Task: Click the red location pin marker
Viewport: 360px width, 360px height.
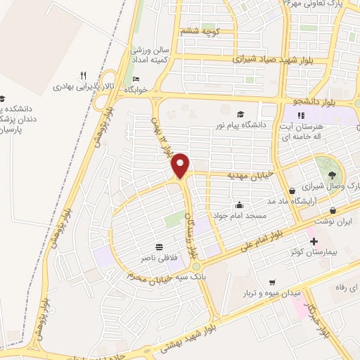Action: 181,165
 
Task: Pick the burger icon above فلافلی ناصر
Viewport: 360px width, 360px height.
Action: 159,247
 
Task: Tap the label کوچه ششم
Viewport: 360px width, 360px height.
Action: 200,31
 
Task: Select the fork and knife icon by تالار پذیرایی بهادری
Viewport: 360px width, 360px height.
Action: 83,75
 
